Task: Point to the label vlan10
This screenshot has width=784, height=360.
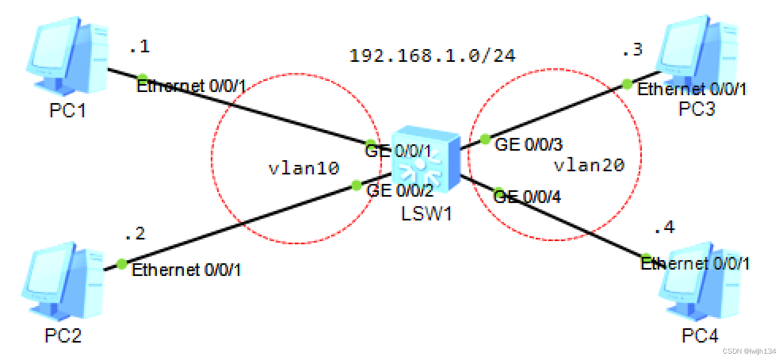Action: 304,169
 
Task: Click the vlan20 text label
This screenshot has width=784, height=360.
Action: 589,165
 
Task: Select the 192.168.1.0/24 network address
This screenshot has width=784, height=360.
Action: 432,56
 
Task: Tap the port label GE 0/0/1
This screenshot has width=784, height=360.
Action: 399,152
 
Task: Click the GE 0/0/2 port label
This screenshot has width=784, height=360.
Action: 400,190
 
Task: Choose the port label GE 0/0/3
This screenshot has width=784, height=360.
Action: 528,144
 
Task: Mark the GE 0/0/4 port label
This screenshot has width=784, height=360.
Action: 527,197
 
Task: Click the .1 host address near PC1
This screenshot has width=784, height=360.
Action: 139,47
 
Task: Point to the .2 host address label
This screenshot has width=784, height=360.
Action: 134,234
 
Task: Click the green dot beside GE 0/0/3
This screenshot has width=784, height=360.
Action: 485,140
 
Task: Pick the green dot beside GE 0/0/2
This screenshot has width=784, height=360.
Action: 357,184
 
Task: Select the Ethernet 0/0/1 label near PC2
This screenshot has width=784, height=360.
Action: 186,270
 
